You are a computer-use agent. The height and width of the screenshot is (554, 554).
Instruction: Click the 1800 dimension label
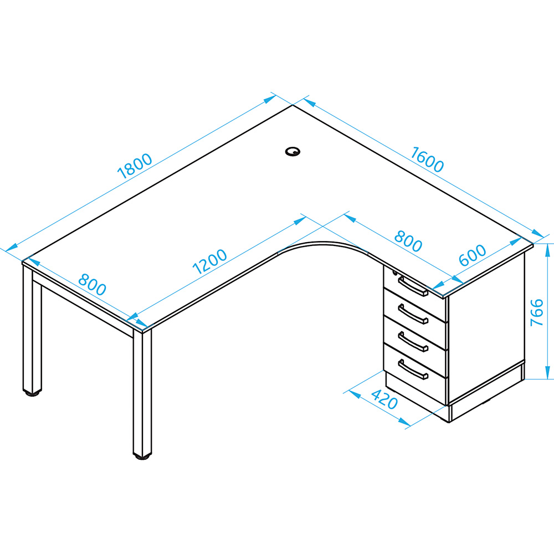point(135,166)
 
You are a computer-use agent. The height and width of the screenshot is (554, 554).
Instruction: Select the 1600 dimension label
point(427,160)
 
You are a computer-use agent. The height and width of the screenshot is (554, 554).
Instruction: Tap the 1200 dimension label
point(209,261)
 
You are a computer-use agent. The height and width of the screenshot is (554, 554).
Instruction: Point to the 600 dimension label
point(473,255)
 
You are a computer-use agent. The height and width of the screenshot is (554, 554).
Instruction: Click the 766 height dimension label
point(537,312)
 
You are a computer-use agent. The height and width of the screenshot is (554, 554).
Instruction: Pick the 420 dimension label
point(384,399)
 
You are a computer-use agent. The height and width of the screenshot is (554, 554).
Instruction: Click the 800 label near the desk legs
point(92,284)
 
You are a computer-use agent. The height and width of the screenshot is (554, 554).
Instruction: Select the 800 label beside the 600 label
point(408,241)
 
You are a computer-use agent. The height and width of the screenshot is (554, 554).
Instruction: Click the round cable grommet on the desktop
point(293,152)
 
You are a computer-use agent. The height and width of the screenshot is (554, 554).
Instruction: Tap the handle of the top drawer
point(413,286)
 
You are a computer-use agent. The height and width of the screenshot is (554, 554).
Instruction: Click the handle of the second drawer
point(413,314)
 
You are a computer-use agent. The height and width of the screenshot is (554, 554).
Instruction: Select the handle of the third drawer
point(413,342)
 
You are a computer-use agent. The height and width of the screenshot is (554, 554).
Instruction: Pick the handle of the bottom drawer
point(413,370)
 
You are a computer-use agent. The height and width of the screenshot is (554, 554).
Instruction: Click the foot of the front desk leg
point(142,456)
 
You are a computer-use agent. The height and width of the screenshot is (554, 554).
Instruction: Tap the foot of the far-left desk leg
point(32,393)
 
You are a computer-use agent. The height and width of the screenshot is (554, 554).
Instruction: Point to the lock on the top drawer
point(394,273)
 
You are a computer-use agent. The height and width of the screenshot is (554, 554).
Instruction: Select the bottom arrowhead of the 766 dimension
point(548,372)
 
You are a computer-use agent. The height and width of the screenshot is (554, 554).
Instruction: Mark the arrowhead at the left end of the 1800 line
point(11,247)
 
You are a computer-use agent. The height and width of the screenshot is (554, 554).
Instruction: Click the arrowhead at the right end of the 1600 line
point(537,234)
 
